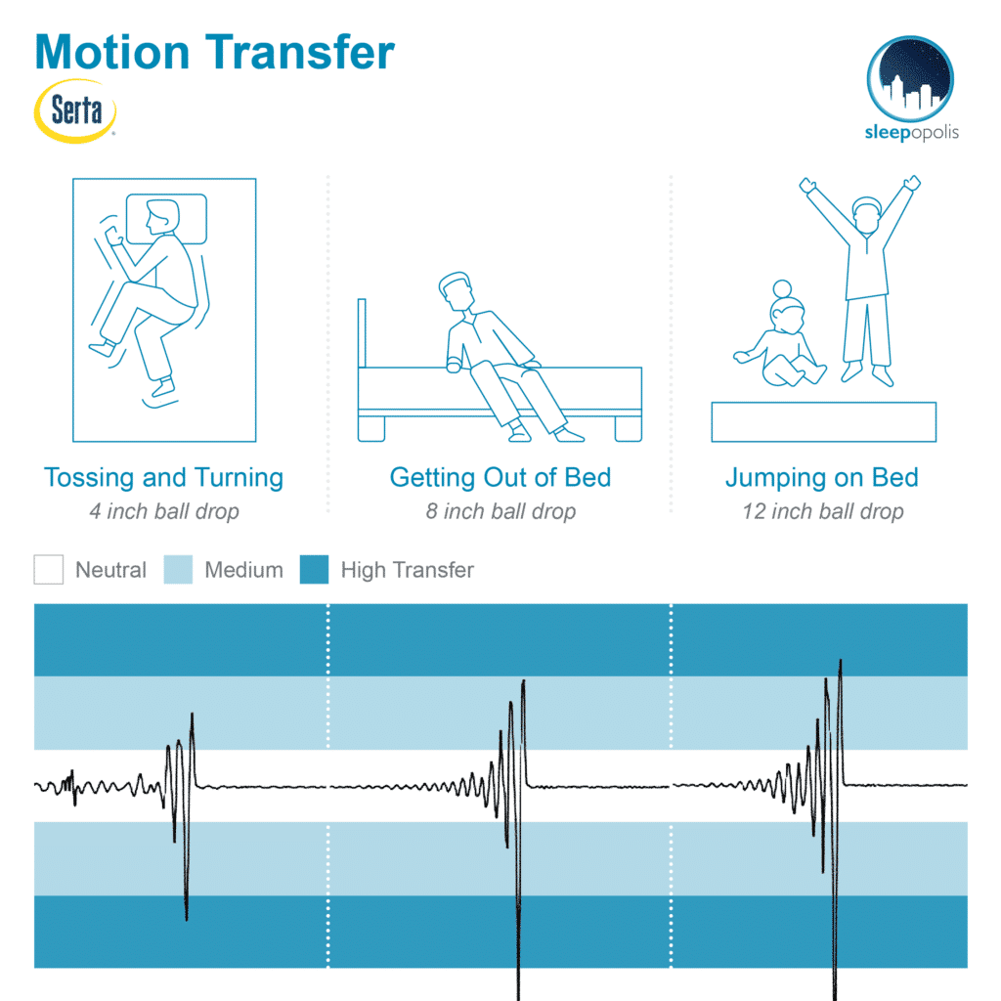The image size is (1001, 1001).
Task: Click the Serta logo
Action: [x=75, y=111]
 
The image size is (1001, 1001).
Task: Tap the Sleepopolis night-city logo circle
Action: [x=910, y=78]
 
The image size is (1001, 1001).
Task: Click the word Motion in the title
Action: [x=112, y=52]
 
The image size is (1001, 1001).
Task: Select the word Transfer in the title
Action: [x=299, y=52]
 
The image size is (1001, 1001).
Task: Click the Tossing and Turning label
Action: [x=163, y=477]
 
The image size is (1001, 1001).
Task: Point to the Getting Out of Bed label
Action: [x=500, y=477]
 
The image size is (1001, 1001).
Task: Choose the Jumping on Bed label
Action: [x=822, y=477]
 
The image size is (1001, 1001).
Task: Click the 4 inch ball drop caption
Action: [x=164, y=511]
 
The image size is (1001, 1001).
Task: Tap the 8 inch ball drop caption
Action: [x=500, y=511]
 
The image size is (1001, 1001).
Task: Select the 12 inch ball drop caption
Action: [x=823, y=511]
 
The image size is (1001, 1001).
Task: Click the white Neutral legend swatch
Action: [x=49, y=570]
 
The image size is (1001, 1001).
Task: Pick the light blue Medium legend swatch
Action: [x=178, y=570]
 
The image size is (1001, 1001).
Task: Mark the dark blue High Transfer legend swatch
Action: [x=314, y=570]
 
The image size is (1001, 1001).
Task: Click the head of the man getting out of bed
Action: [x=457, y=290]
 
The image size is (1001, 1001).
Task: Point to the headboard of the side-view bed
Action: [x=362, y=332]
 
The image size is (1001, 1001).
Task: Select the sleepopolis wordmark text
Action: [x=912, y=133]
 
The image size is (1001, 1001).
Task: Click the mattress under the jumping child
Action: [x=823, y=422]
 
